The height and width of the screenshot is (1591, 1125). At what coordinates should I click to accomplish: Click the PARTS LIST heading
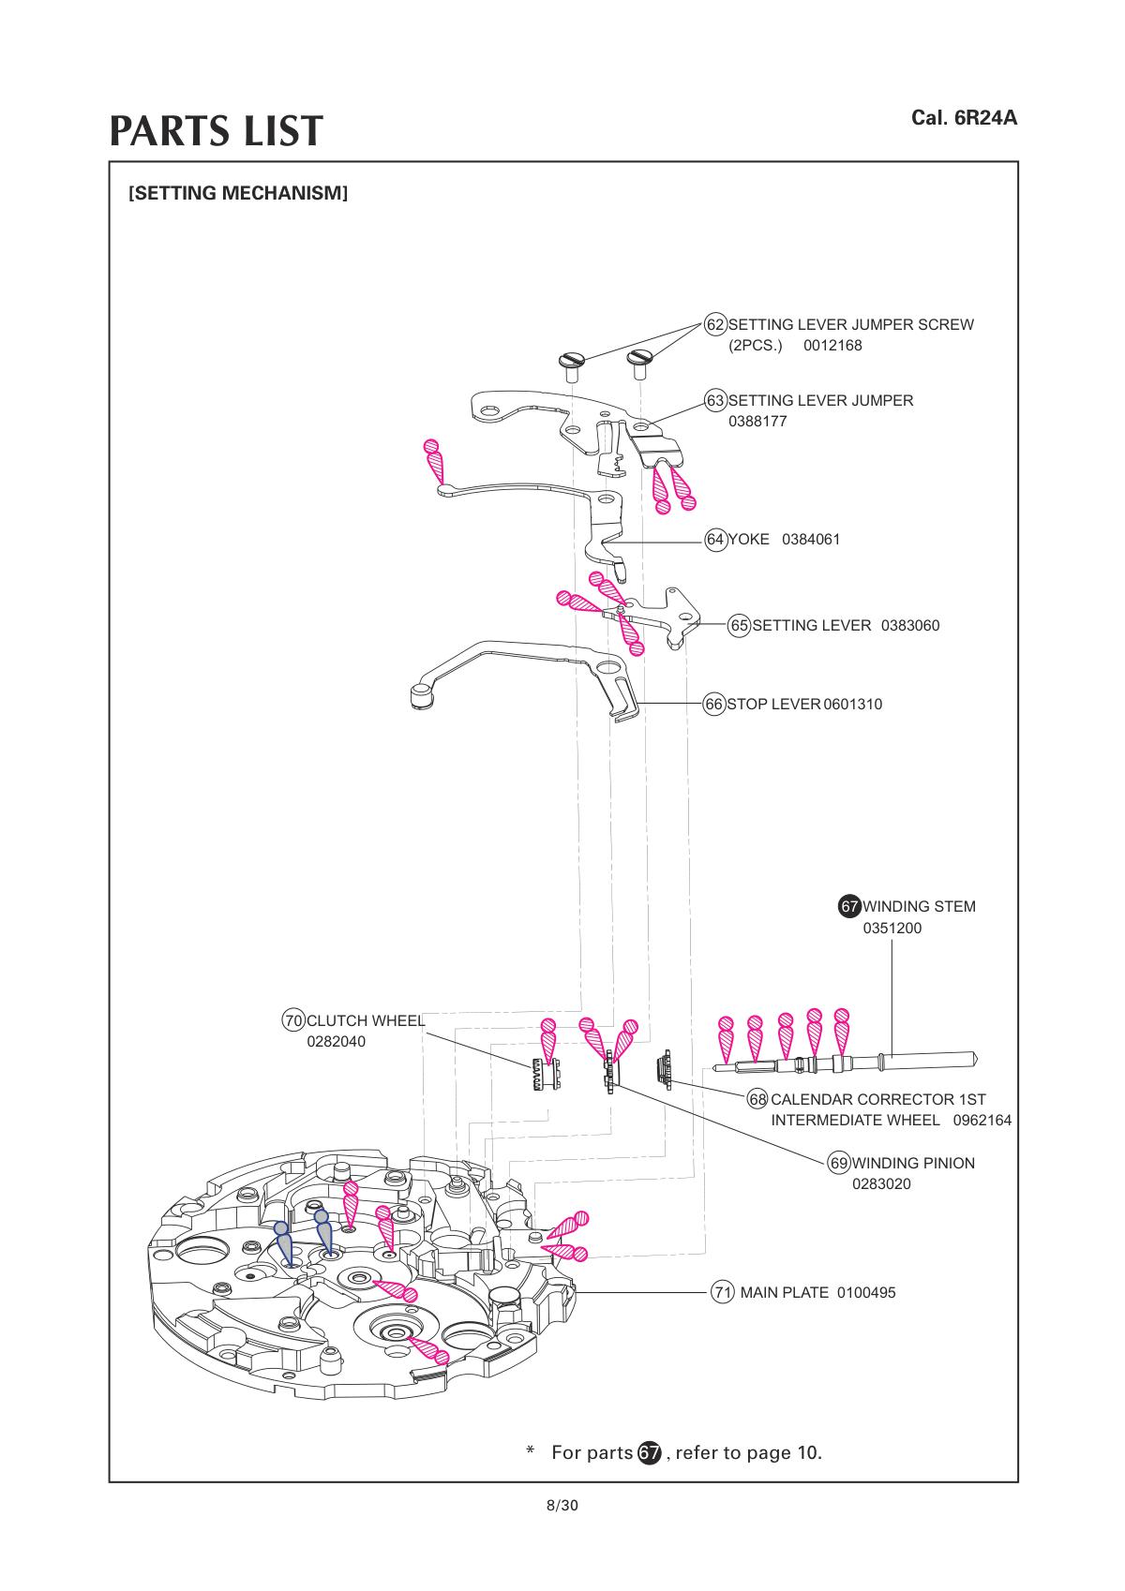pos(217,131)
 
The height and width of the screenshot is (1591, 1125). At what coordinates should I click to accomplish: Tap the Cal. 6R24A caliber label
pos(964,119)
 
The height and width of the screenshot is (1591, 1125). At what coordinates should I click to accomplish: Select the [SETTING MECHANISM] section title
pos(238,194)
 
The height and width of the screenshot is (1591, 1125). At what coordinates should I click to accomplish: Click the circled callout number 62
pos(715,324)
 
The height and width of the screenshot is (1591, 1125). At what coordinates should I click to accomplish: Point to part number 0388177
pos(757,422)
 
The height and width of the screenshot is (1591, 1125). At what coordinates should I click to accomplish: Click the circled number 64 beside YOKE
pos(715,539)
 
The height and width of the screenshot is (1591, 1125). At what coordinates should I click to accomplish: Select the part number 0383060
pos(909,626)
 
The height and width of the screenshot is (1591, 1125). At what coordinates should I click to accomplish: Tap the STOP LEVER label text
pos(773,705)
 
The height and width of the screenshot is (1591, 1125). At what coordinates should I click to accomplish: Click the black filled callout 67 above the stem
pos(849,907)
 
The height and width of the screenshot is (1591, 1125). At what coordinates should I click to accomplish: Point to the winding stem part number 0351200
pos(892,929)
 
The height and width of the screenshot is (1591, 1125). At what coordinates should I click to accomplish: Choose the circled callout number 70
pos(293,1020)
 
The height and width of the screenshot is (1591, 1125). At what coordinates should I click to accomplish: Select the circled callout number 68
pos(757,1098)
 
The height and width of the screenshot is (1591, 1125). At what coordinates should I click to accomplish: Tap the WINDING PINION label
pos(912,1164)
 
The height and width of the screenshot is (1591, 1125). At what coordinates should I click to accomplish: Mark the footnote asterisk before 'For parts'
pos(531,1451)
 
